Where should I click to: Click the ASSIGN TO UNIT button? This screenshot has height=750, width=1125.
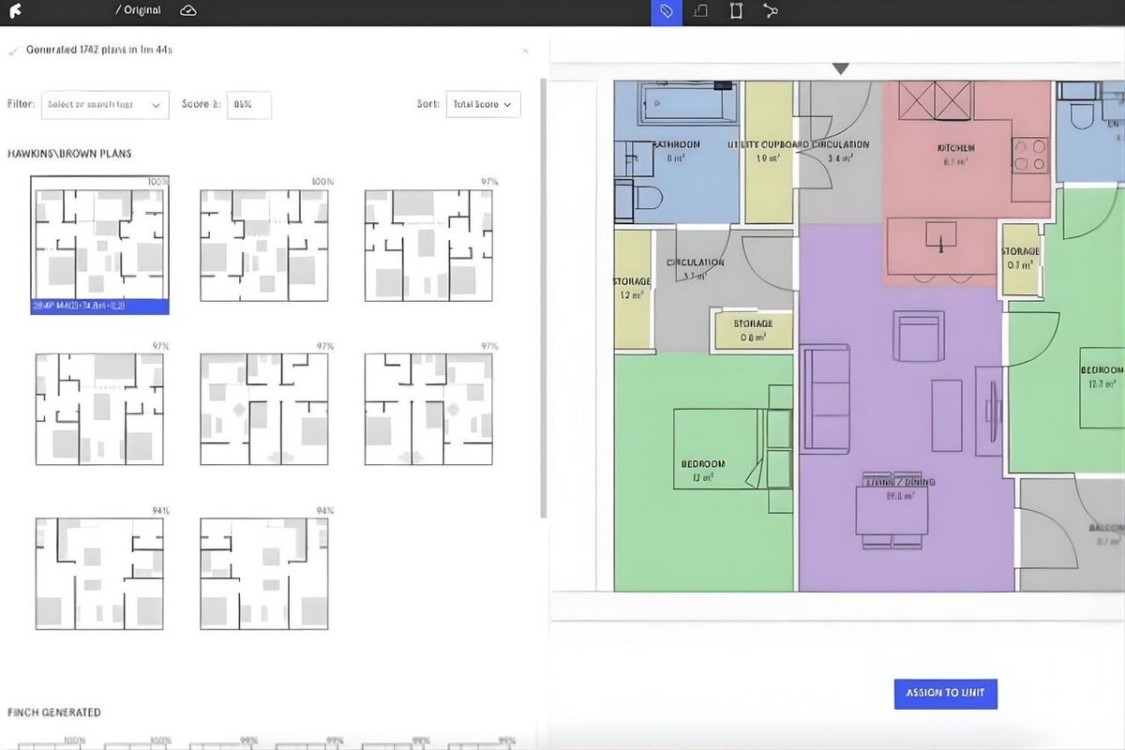(x=945, y=693)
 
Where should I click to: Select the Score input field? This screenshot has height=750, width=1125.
(x=248, y=105)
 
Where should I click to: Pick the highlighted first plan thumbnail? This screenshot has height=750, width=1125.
(x=99, y=245)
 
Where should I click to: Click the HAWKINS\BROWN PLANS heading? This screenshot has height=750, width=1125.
(x=69, y=154)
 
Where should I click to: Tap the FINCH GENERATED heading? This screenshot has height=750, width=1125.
(x=53, y=712)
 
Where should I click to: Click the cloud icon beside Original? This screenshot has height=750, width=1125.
(x=188, y=10)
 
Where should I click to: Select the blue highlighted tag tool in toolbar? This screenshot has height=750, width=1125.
(x=667, y=11)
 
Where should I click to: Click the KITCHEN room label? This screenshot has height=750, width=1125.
(x=955, y=148)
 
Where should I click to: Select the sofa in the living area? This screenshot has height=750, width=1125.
(x=825, y=398)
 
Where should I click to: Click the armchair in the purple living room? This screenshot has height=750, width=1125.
(x=917, y=337)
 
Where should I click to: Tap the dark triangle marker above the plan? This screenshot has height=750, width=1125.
(x=841, y=68)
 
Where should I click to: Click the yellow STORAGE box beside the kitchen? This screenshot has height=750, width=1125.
(x=1020, y=253)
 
